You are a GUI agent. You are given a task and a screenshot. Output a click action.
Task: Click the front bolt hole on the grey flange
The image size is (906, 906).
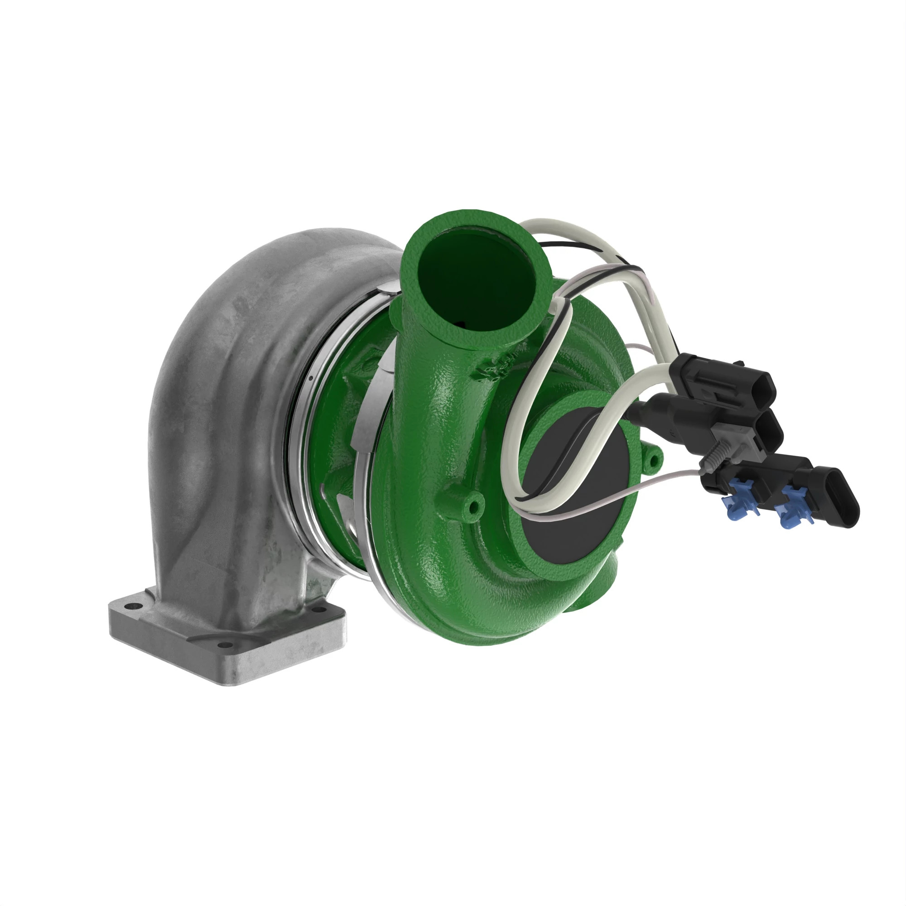pyautogui.click(x=226, y=645)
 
